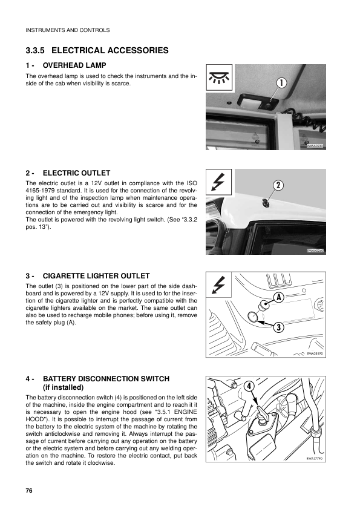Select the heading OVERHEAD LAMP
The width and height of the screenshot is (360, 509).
(x=74, y=65)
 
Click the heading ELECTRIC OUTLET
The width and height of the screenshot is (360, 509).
(x=77, y=173)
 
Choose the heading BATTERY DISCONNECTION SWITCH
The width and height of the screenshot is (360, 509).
(x=106, y=379)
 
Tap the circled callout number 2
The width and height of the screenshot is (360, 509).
(x=278, y=185)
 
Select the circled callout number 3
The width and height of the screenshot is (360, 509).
(x=279, y=327)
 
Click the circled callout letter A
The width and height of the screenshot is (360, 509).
(x=279, y=297)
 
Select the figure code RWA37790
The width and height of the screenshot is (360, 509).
(x=315, y=459)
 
